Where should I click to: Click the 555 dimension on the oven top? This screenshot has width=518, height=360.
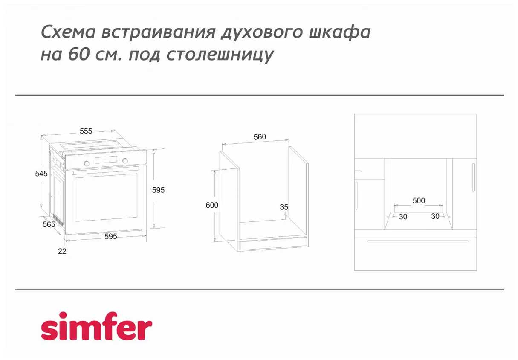pos(86,131)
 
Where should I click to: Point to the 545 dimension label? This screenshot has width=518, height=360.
pos(41,174)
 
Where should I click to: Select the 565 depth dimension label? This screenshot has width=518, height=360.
pos(49,224)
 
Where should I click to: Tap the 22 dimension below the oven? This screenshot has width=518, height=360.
pos(62,251)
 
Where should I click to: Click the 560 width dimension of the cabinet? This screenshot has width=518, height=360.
pos(260,137)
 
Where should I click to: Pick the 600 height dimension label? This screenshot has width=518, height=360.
pos(212,205)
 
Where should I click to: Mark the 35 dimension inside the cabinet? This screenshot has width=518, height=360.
pos(284,207)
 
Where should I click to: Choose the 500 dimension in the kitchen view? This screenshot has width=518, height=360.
pos(419,200)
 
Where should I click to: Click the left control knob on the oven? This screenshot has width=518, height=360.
pos(87,163)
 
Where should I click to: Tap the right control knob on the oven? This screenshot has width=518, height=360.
pos(125,160)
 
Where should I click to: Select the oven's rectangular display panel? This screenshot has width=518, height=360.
pos(106,160)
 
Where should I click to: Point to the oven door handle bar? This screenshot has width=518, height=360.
pos(105,170)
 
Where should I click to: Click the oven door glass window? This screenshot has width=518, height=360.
pos(106,197)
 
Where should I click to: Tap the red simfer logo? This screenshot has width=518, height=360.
pos(97,326)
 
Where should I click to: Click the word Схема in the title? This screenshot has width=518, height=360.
pos(68,32)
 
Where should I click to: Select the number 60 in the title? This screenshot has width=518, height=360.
pos(79,54)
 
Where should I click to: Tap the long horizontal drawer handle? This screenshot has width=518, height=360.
pos(418,241)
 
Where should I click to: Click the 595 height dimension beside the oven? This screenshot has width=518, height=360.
pos(158,190)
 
